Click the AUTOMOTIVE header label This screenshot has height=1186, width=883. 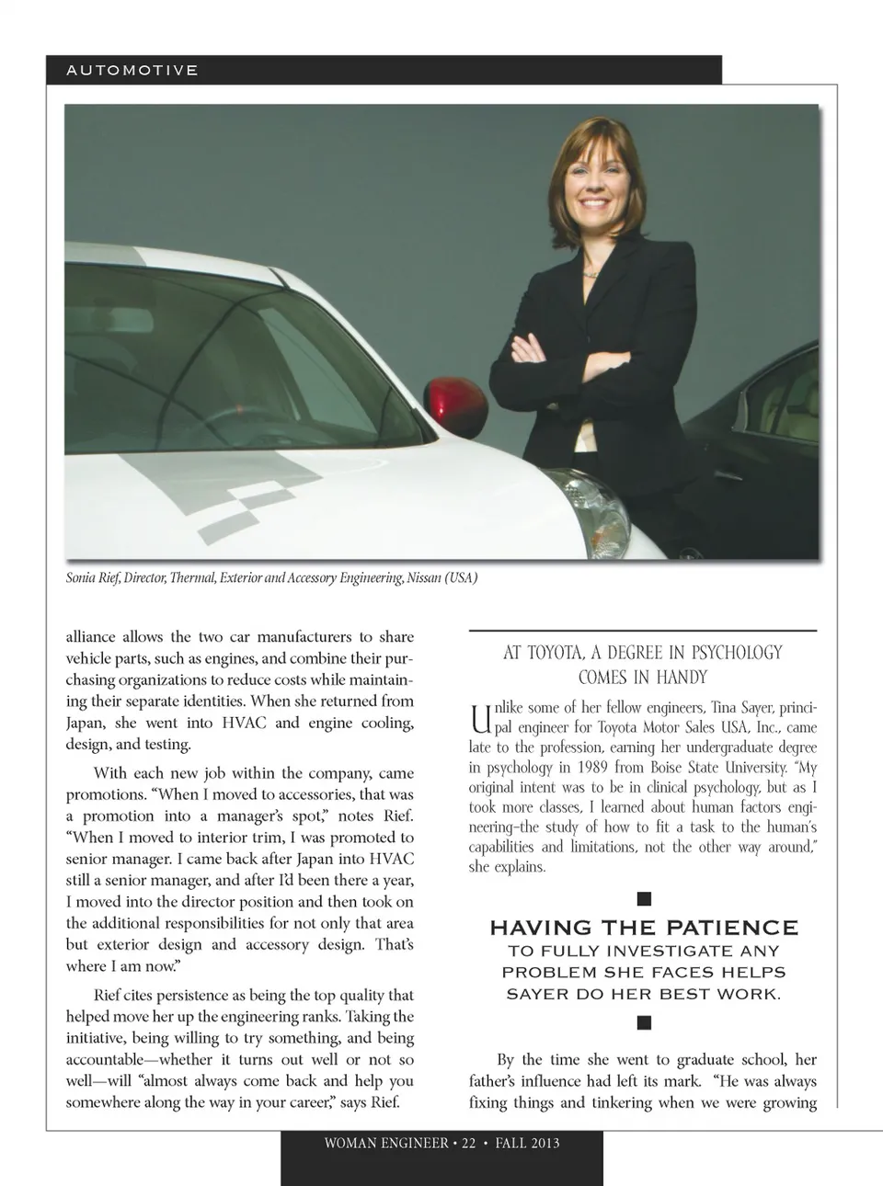click(132, 70)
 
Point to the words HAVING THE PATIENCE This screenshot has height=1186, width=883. click(644, 927)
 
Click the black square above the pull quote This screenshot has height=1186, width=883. click(644, 898)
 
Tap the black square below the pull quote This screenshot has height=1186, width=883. click(644, 1022)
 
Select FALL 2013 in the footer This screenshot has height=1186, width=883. click(527, 1144)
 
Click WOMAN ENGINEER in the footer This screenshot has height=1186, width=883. click(386, 1144)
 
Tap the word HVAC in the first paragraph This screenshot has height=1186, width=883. click(244, 723)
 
